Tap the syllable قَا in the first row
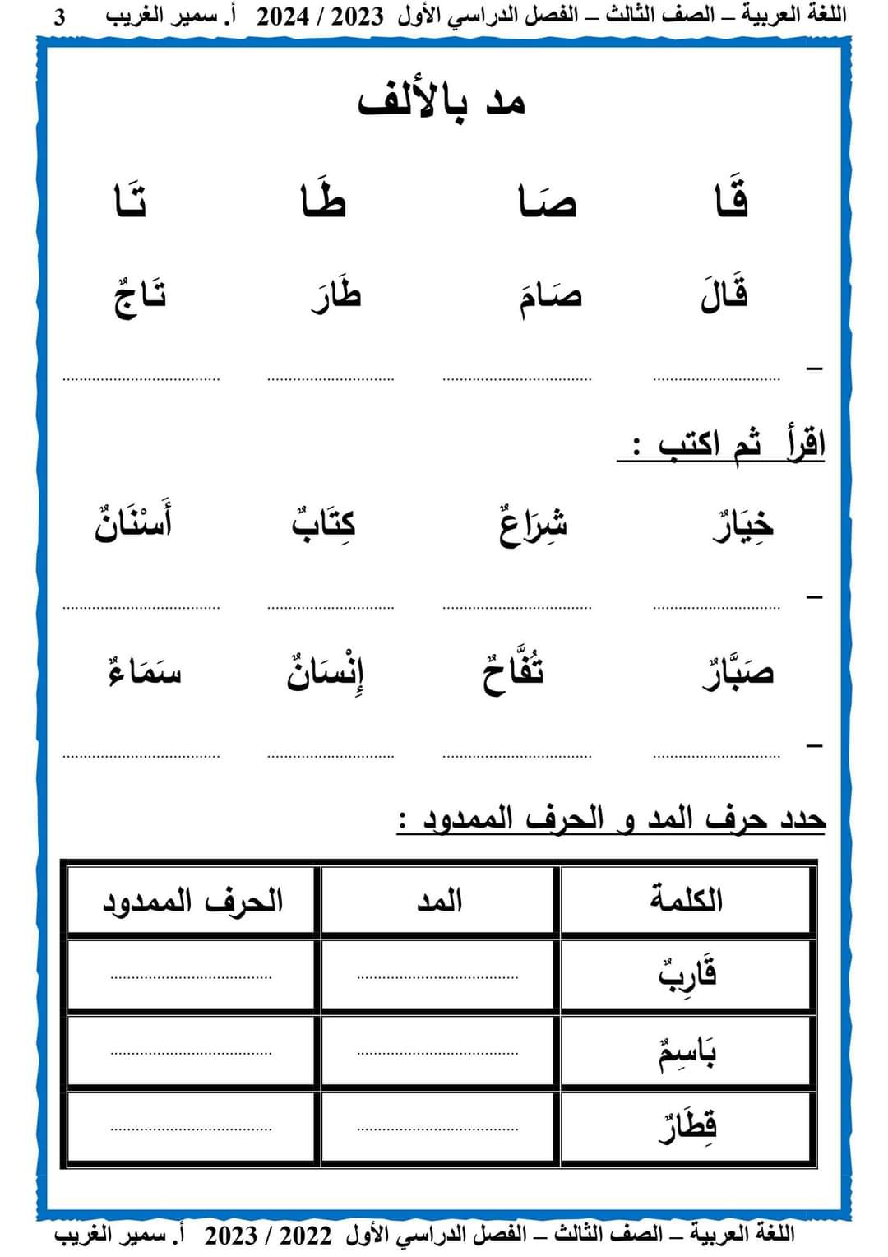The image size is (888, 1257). tap(732, 201)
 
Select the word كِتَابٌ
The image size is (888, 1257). tap(324, 523)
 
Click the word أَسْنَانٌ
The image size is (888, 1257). tap(134, 523)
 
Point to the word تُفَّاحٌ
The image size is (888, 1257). tap(513, 673)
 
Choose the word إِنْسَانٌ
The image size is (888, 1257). tap(326, 673)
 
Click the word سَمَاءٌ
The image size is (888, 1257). tap(145, 673)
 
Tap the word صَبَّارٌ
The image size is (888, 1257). tap(738, 673)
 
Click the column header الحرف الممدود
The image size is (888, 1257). tap(192, 901)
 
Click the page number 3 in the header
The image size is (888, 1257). tap(59, 17)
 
